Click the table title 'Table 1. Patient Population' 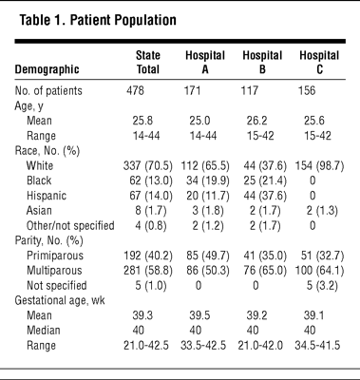click(x=98, y=20)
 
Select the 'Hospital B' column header click(x=262, y=62)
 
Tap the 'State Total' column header click(x=148, y=62)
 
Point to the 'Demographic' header click(x=47, y=69)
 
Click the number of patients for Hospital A click(x=192, y=91)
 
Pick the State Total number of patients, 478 click(x=135, y=91)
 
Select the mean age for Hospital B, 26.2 click(x=256, y=121)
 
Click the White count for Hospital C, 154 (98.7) click(x=319, y=165)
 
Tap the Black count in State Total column click(x=151, y=180)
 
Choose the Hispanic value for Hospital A click(x=208, y=196)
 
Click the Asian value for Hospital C click(x=322, y=211)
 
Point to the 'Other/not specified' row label click(x=70, y=226)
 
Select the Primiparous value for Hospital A click(x=208, y=256)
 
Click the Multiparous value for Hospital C click(x=319, y=271)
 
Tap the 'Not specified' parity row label click(x=57, y=285)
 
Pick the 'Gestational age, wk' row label click(x=60, y=300)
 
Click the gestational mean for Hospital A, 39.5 click(x=199, y=315)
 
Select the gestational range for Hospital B click(x=260, y=345)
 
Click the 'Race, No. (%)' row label click(x=47, y=151)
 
